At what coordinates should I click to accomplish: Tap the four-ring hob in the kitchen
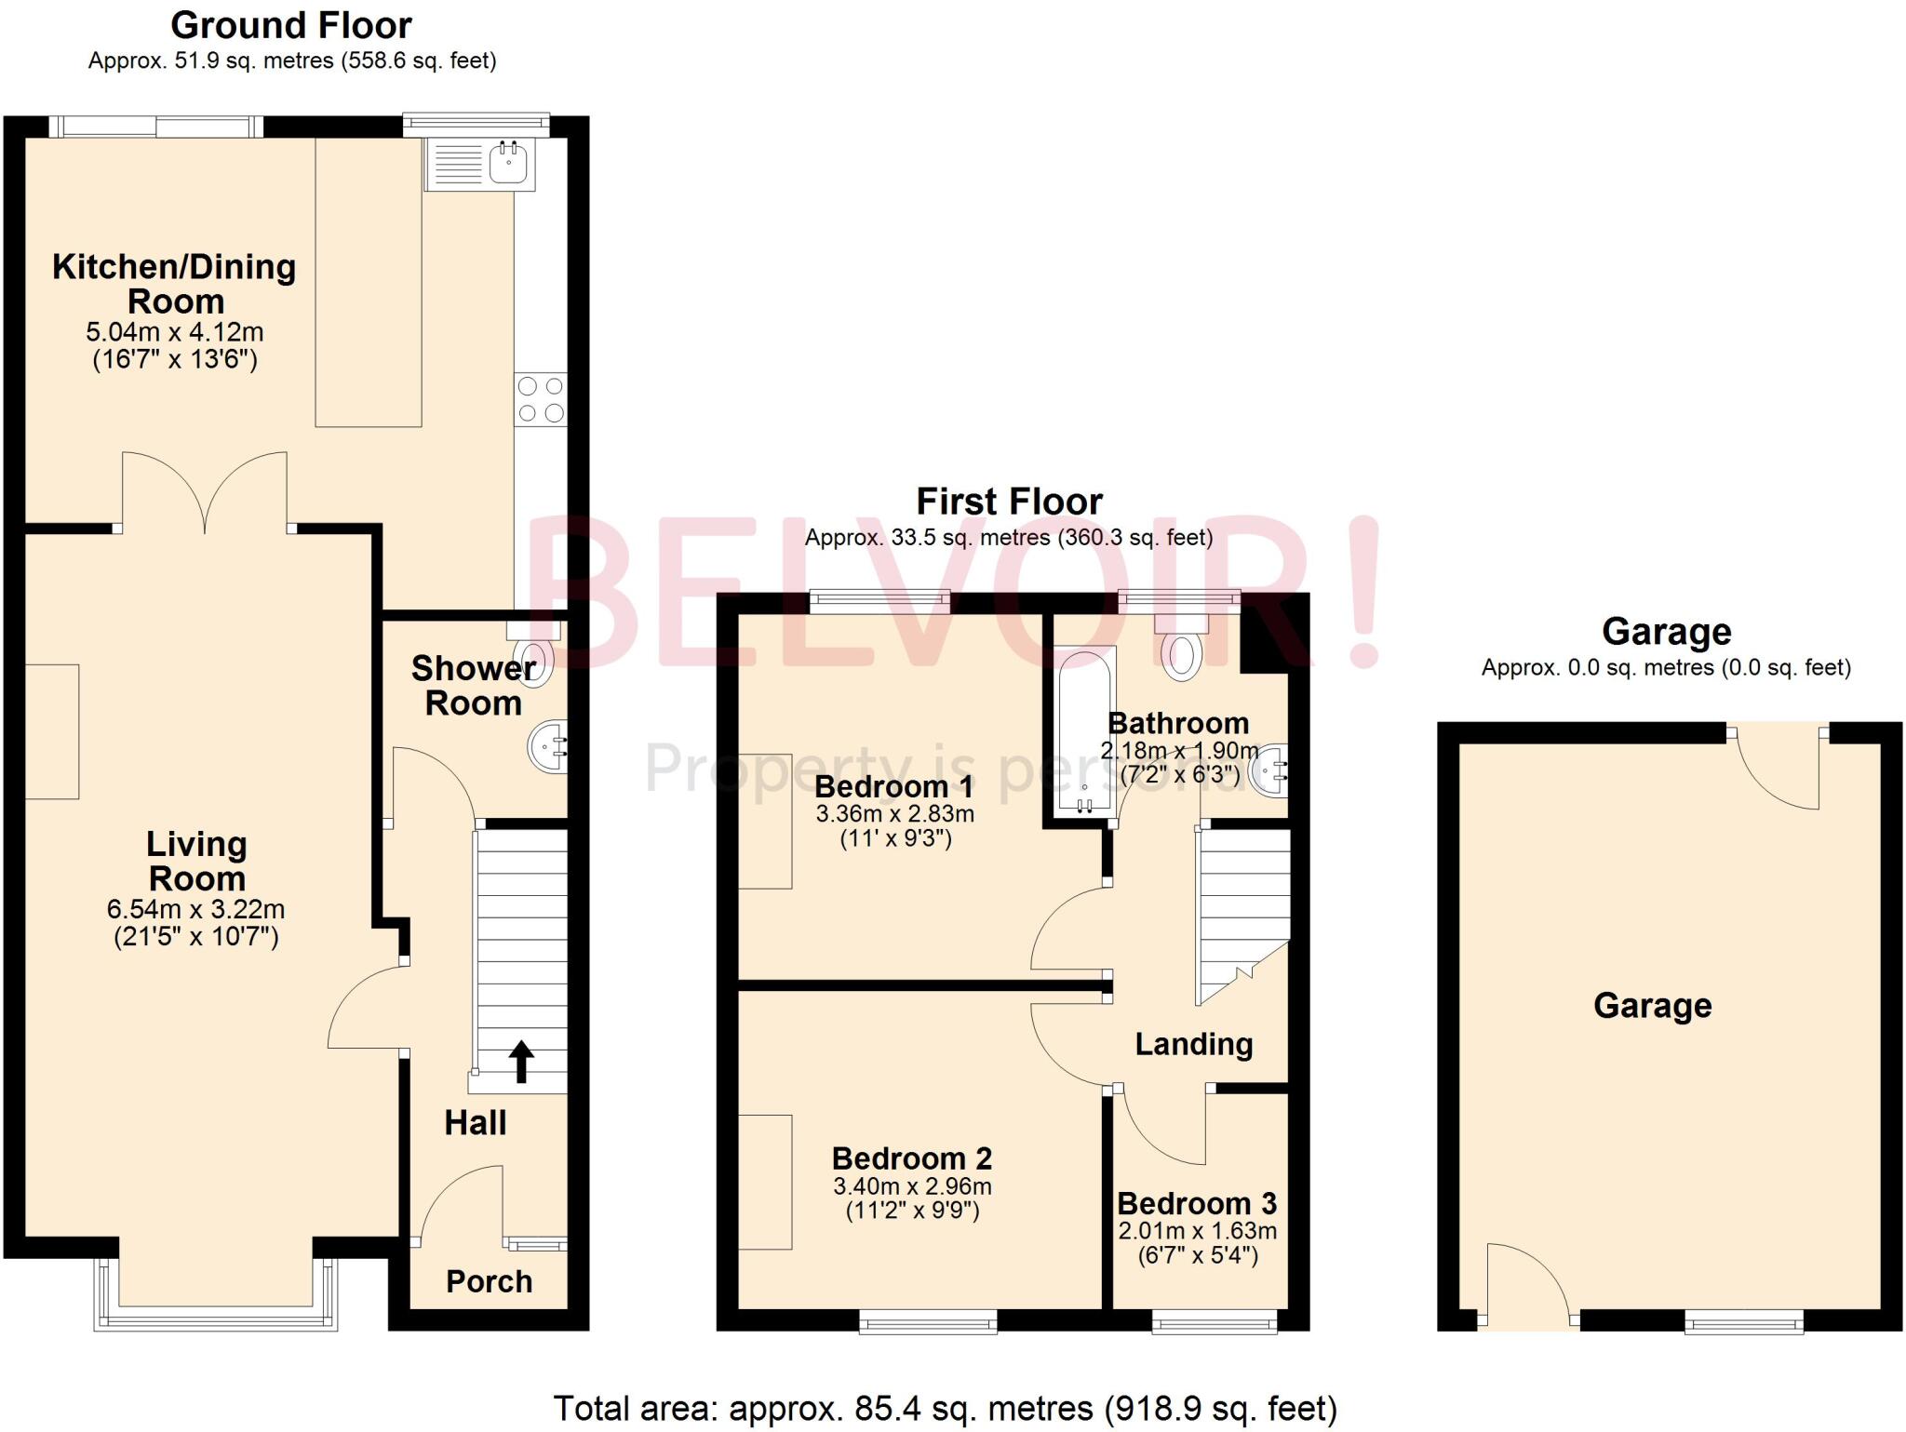pyautogui.click(x=541, y=399)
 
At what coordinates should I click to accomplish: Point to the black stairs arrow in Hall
pyautogui.click(x=521, y=1062)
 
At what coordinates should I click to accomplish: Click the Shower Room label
pyautogui.click(x=474, y=686)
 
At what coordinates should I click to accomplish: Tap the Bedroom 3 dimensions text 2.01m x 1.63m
pyautogui.click(x=1197, y=1231)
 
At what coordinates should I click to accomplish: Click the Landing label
pyautogui.click(x=1193, y=1044)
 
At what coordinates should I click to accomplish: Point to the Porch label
pyautogui.click(x=489, y=1281)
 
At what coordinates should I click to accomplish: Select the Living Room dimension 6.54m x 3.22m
pyautogui.click(x=196, y=909)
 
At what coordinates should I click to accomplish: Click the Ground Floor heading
pyautogui.click(x=291, y=25)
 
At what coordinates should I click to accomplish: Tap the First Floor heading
pyautogui.click(x=1009, y=502)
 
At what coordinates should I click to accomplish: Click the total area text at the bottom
pyautogui.click(x=945, y=1409)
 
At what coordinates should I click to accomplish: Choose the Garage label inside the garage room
pyautogui.click(x=1652, y=1006)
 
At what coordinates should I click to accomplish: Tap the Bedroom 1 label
pyautogui.click(x=893, y=786)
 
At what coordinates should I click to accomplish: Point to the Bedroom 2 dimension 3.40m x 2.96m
pyautogui.click(x=912, y=1186)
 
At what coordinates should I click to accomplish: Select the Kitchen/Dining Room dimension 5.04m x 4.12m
pyautogui.click(x=175, y=332)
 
